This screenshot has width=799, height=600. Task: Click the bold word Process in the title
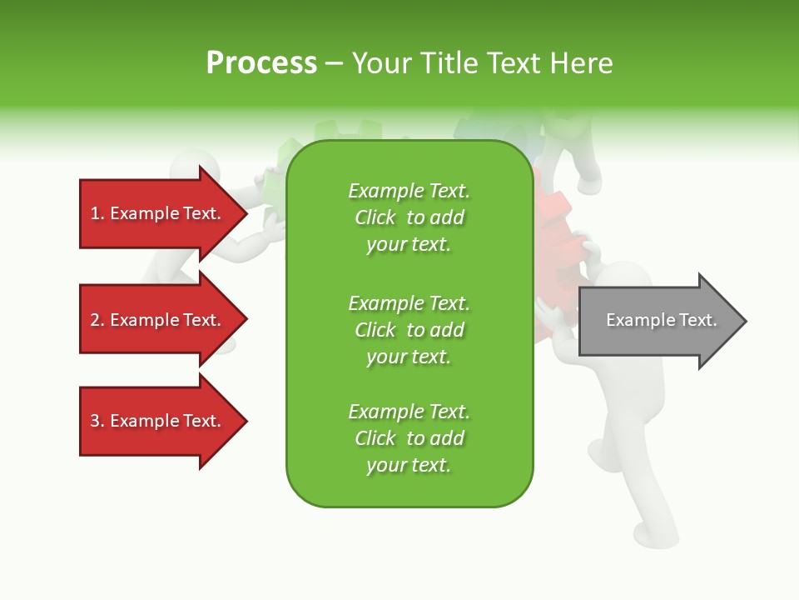click(x=261, y=63)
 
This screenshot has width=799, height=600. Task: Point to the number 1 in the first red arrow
click(x=95, y=213)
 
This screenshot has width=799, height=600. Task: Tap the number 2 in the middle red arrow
click(x=95, y=320)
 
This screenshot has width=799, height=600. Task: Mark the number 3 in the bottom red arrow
click(x=95, y=421)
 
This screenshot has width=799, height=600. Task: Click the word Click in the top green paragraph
click(x=375, y=217)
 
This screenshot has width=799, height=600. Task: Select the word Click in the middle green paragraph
click(x=375, y=330)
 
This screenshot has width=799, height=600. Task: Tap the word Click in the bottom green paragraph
click(x=375, y=438)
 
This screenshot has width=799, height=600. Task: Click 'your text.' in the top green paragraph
click(x=409, y=244)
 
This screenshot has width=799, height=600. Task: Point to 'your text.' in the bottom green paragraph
click(x=409, y=465)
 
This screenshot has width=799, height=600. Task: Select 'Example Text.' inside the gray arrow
click(x=662, y=320)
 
